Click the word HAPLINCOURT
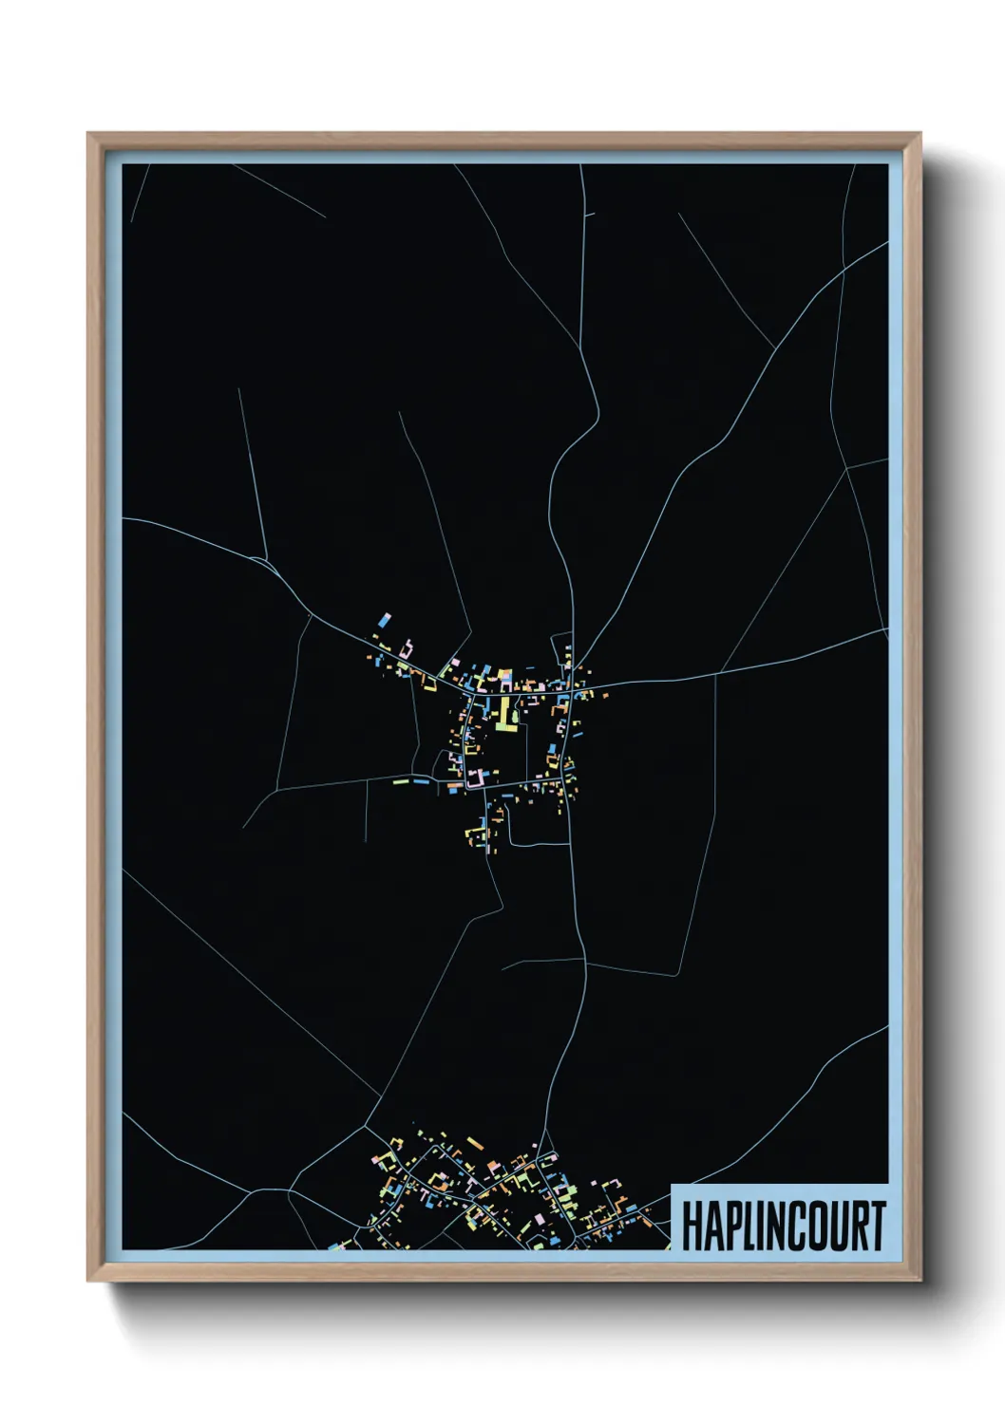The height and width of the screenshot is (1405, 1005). (x=784, y=1226)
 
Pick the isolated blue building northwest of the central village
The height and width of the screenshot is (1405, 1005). (x=384, y=620)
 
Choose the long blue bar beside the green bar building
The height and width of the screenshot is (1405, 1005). (x=420, y=781)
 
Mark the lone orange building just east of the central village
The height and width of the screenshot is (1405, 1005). (x=602, y=693)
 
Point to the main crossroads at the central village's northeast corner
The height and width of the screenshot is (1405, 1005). (x=574, y=685)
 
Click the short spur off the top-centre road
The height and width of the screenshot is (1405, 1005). (x=589, y=215)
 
